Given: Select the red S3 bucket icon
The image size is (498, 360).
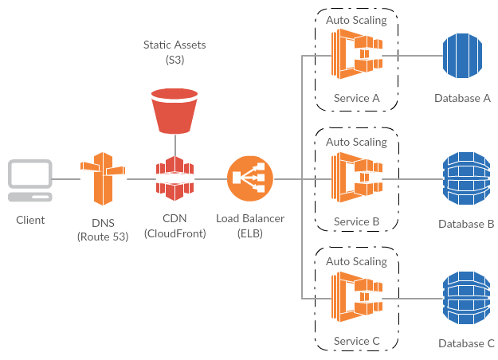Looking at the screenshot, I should point(173,112).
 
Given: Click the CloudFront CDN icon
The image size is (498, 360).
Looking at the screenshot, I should point(174,179).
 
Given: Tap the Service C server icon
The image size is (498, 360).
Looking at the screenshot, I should point(356,299).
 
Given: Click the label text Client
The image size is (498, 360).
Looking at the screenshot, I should point(30,220).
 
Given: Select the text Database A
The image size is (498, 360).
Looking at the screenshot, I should point(463,98).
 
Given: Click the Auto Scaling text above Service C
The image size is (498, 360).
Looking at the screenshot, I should point(356,261).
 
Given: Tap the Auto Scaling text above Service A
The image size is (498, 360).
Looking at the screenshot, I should point(356,20).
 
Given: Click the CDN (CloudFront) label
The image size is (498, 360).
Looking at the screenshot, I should point(174,226).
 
